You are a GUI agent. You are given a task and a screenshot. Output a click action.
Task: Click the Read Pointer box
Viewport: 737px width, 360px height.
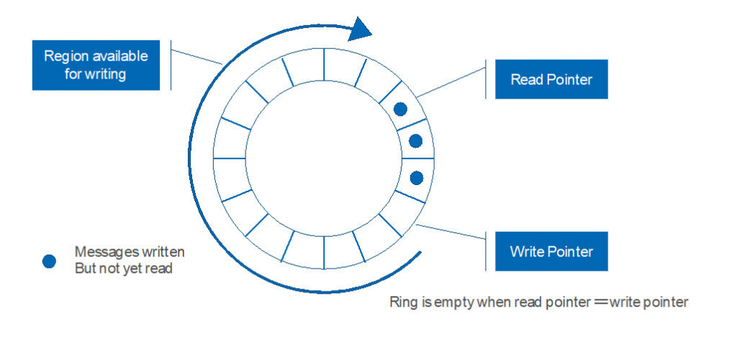click(551, 79)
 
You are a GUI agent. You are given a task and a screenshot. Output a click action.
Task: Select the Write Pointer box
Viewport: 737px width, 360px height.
click(551, 251)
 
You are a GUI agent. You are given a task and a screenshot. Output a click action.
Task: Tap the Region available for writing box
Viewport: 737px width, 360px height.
click(96, 65)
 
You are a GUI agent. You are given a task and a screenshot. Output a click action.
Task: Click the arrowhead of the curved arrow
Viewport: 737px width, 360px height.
click(360, 28)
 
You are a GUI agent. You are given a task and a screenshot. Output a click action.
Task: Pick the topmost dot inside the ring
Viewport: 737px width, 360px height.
click(401, 109)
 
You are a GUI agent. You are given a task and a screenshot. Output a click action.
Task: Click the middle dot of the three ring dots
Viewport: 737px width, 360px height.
click(415, 141)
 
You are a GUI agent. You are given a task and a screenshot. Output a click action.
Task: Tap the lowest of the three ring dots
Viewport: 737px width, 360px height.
click(416, 177)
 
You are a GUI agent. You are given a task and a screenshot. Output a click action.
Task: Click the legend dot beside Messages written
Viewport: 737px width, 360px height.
click(49, 261)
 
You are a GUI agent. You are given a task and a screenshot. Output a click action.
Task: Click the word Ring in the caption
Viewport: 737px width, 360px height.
click(402, 302)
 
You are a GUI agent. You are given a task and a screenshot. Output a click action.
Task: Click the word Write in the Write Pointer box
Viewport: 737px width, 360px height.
click(525, 251)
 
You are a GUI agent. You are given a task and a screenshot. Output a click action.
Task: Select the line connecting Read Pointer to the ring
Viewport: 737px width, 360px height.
click(453, 82)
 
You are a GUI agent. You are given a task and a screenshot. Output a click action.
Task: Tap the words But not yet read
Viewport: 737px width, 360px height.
click(123, 269)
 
